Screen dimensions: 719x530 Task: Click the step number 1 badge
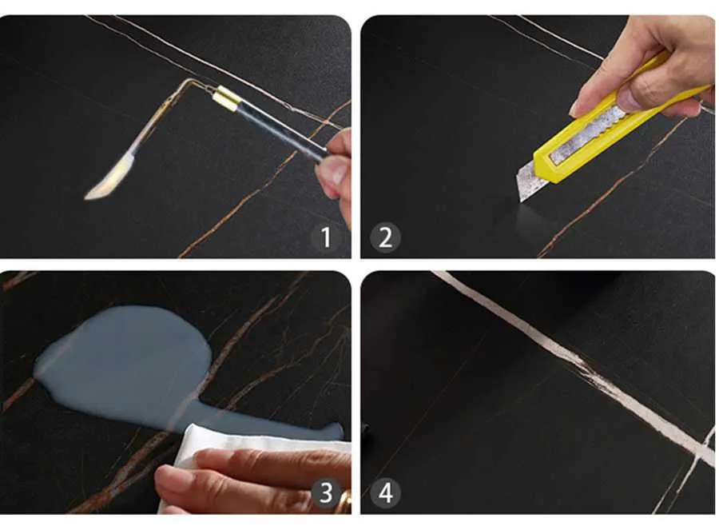point(326,237)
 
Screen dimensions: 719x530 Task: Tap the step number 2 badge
point(385,237)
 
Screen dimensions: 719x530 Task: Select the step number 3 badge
point(326,493)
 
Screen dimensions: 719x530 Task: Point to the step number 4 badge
point(385,493)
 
